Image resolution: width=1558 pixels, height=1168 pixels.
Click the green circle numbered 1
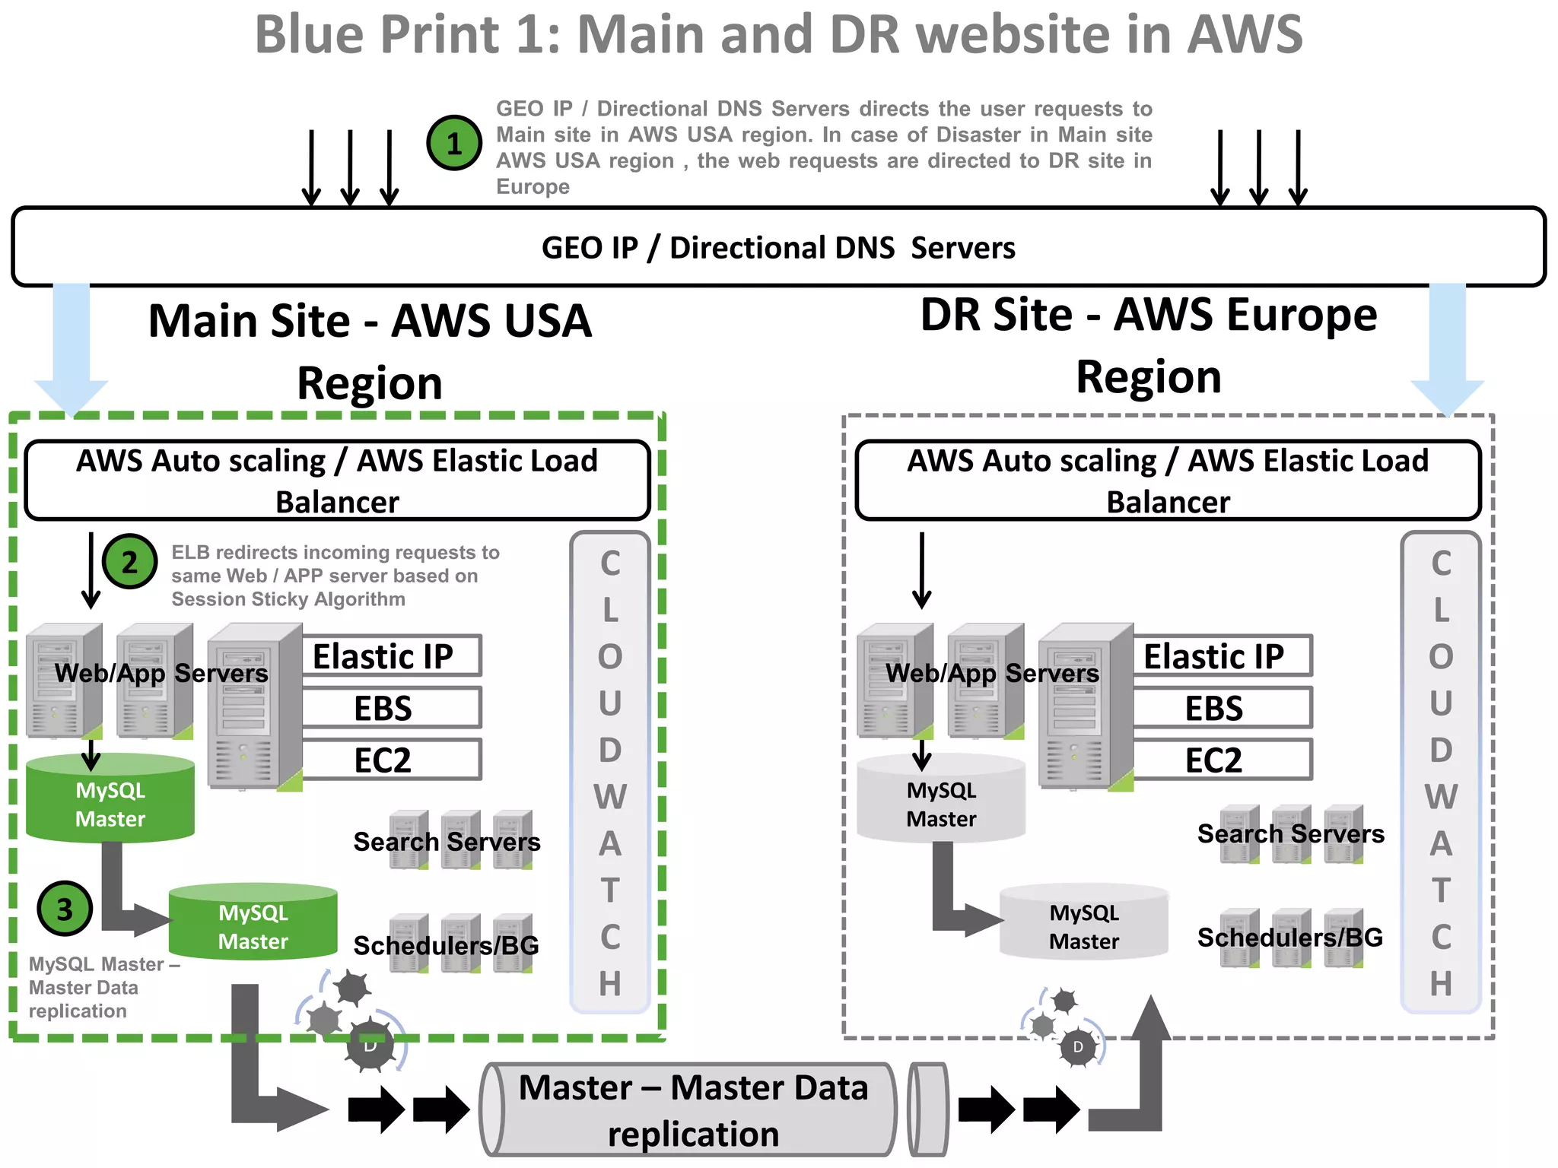[x=454, y=143]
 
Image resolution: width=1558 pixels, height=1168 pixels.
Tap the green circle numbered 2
[x=130, y=562]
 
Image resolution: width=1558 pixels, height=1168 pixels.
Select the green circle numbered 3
[x=65, y=909]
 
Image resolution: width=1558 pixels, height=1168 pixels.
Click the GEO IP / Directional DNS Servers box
[x=778, y=248]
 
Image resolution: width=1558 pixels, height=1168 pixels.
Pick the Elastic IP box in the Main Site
[x=391, y=656]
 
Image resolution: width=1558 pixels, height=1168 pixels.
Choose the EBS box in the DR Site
[x=1222, y=708]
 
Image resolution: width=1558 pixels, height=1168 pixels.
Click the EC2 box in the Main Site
[x=391, y=760]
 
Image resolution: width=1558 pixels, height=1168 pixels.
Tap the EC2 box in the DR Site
[x=1222, y=760]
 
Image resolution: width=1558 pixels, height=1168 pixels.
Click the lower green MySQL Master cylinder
[x=253, y=923]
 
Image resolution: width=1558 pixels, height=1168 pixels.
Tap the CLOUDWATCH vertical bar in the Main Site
[x=609, y=772]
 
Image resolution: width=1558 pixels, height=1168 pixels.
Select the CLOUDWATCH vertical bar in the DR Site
[x=1440, y=772]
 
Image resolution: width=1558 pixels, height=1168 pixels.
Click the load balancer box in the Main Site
[x=337, y=481]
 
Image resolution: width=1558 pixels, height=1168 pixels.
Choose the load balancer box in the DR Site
[x=1168, y=481]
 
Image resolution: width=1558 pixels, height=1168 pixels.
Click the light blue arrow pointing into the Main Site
[x=72, y=350]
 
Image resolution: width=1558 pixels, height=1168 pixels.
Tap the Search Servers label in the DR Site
[x=1290, y=834]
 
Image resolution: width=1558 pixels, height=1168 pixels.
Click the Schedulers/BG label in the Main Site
[x=446, y=946]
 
